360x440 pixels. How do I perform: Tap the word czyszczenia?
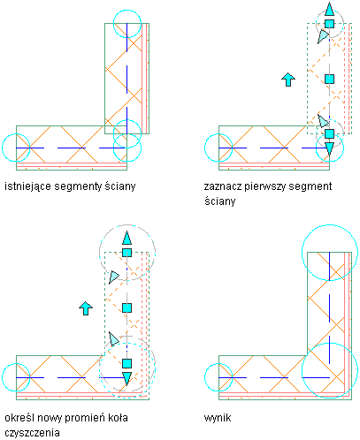pos(32,433)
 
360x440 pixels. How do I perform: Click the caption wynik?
pos(218,418)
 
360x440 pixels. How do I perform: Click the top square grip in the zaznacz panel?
pos(329,24)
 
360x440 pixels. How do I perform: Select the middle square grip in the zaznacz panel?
pos(329,79)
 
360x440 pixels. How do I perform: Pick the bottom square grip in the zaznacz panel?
pos(329,133)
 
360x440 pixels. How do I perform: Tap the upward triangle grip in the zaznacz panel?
pos(329,10)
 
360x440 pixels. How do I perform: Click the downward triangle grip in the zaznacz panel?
pos(329,148)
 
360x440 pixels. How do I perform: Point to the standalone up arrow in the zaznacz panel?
pos(288,80)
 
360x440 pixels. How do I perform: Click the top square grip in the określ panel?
pos(126,253)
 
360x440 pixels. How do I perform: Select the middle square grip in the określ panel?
pos(126,308)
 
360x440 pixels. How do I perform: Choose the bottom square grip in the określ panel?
pos(126,363)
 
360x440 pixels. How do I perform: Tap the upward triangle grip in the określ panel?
pos(126,239)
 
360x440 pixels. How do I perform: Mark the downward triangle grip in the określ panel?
pos(126,378)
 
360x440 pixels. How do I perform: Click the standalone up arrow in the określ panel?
pos(86,308)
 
